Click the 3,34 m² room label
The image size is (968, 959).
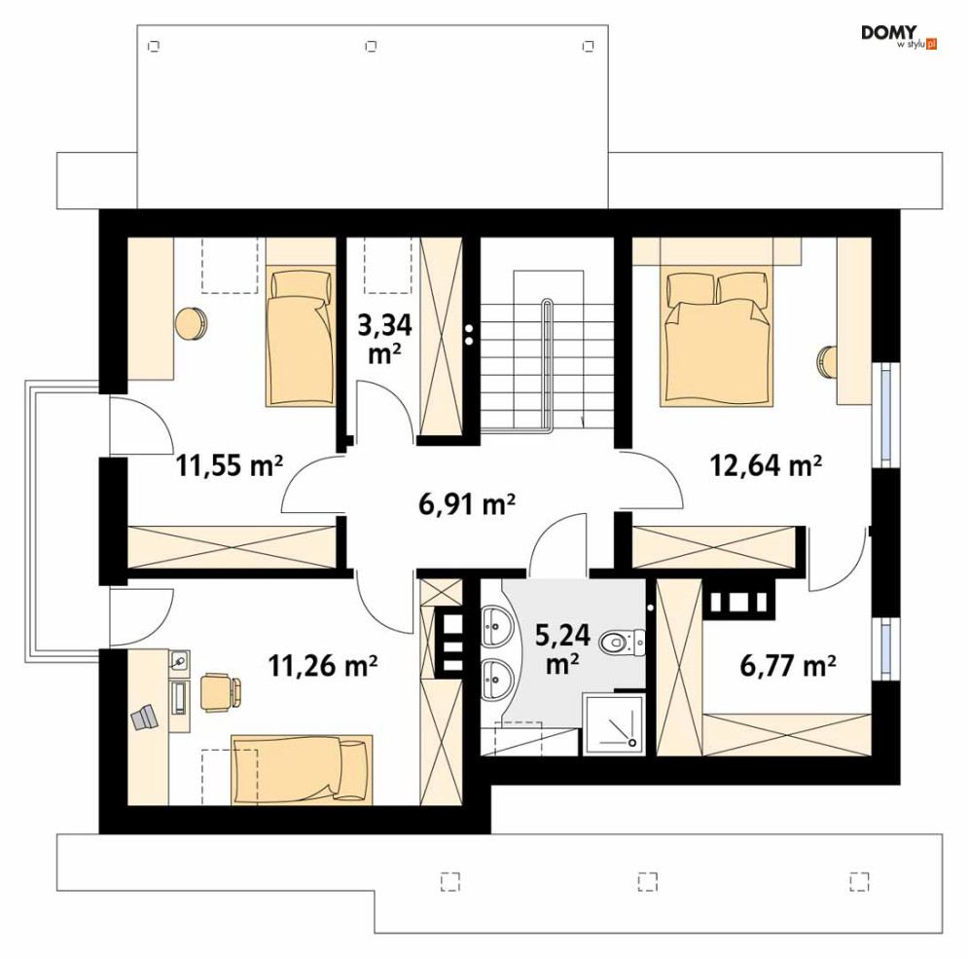384,339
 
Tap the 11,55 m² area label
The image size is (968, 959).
230,464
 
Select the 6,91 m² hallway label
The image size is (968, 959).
467,504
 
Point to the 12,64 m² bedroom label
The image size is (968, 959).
766,464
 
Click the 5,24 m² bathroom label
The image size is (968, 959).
562,648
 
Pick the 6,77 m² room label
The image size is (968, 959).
788,666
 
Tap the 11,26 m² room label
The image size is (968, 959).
323,666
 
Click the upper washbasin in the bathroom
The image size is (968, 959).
497,626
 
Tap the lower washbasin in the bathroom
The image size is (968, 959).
497,679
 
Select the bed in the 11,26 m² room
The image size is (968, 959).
302,770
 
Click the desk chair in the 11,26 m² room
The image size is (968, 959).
220,692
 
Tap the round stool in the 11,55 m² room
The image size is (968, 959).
192,323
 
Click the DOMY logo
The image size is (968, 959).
899,36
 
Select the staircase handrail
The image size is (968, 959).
547,363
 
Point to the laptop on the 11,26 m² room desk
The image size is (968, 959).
144,718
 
